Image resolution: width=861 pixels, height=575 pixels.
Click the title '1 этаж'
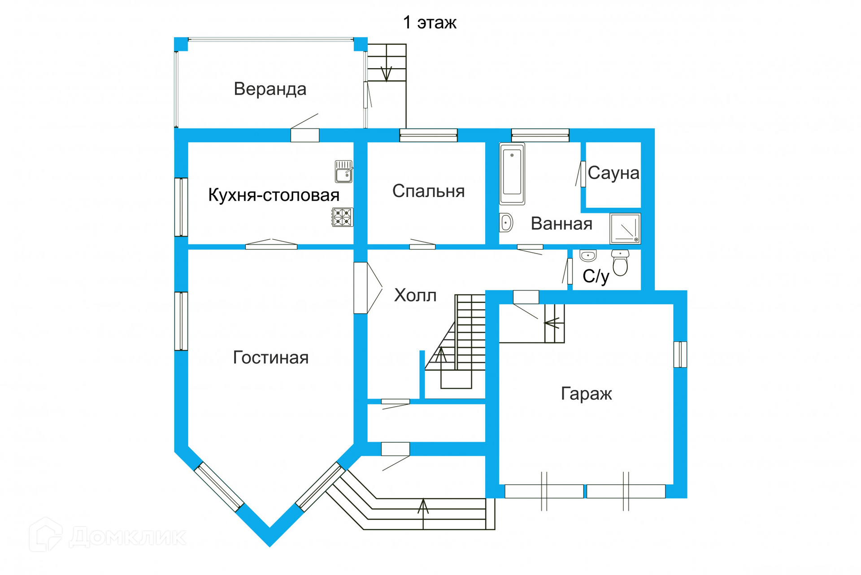[x=430, y=22]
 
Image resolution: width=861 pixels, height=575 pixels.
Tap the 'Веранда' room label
[x=270, y=89]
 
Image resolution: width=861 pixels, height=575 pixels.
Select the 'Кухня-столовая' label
[x=274, y=195]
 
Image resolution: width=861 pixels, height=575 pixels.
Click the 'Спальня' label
[x=428, y=191]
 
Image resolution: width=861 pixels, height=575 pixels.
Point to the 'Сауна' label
[x=613, y=173]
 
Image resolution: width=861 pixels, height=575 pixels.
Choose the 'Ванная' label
[x=561, y=224]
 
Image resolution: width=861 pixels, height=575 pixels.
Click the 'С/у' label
[x=596, y=276]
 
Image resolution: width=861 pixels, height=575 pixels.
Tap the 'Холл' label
[x=415, y=295]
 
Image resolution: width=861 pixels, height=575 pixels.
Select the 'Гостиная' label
[x=271, y=358]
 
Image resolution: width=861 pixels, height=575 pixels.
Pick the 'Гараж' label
[x=586, y=394]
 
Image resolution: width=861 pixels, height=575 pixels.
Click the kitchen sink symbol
[x=344, y=171]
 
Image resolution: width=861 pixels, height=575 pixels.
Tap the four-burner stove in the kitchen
[x=343, y=217]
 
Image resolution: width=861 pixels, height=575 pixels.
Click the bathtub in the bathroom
[x=512, y=174]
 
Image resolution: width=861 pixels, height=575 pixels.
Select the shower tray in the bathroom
[x=625, y=228]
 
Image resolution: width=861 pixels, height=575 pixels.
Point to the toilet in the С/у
[x=620, y=263]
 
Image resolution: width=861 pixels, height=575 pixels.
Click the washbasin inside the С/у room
[x=588, y=255]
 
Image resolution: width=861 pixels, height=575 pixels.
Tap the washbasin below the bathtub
[x=506, y=223]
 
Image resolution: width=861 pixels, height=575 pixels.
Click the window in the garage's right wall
[x=680, y=355]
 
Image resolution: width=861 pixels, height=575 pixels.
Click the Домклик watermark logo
[x=108, y=535]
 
